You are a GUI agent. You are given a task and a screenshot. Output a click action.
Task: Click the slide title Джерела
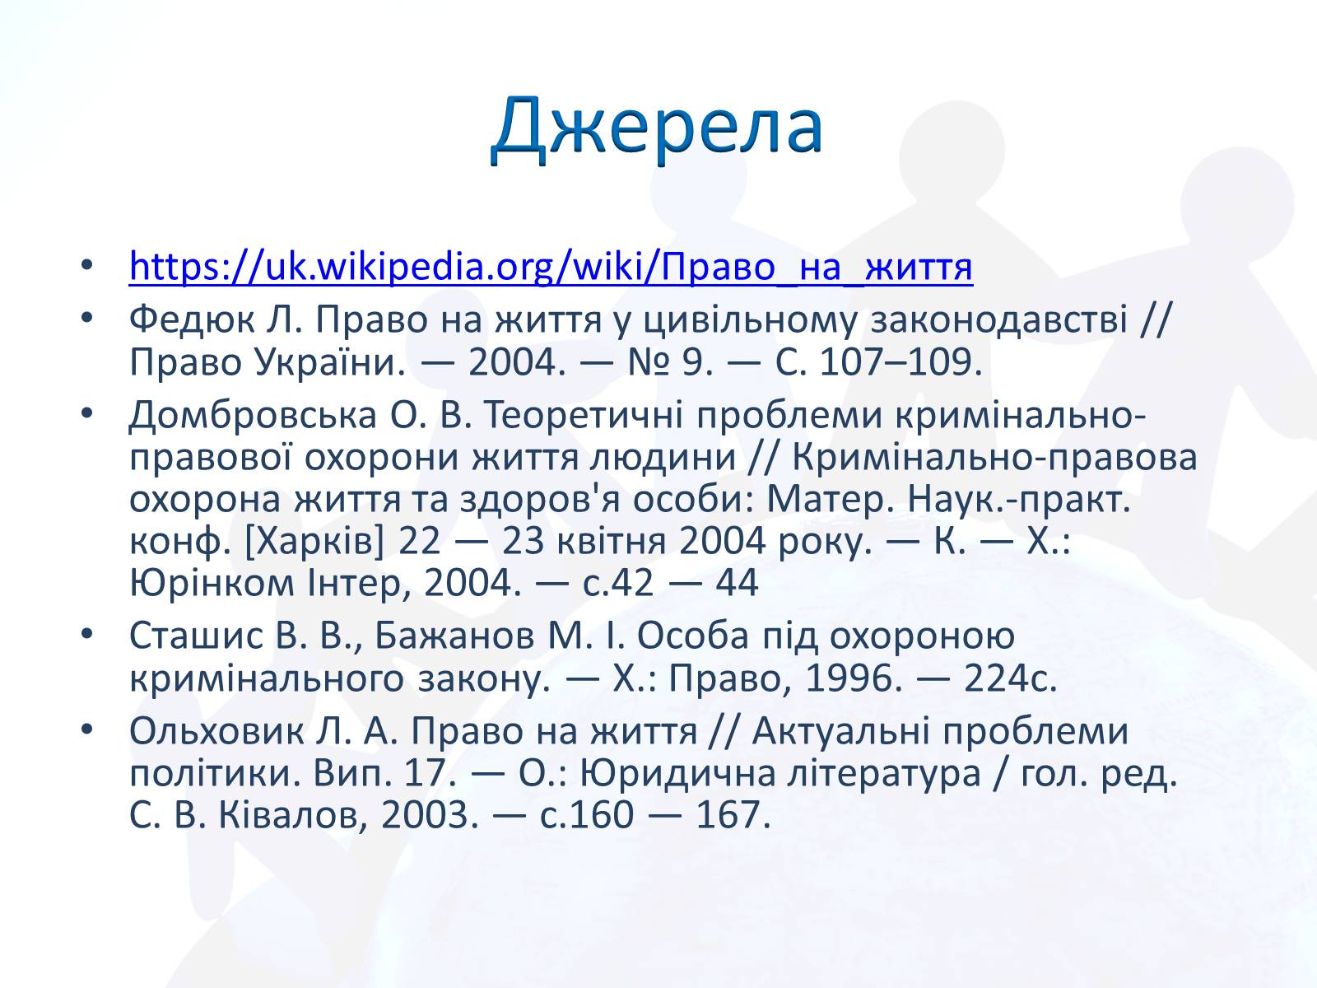pos(657,127)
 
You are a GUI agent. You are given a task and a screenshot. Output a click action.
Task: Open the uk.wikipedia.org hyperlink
pos(551,266)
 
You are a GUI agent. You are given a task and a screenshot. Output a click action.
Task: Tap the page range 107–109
pos(900,362)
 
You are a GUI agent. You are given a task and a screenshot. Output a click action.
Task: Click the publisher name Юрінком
pos(212,582)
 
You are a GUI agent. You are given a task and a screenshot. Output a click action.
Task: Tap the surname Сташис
pos(196,636)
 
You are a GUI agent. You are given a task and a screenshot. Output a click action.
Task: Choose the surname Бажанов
pos(454,636)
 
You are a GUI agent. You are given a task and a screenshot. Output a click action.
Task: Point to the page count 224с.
pos(1011,678)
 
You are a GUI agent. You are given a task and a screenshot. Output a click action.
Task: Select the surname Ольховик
pos(216,731)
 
